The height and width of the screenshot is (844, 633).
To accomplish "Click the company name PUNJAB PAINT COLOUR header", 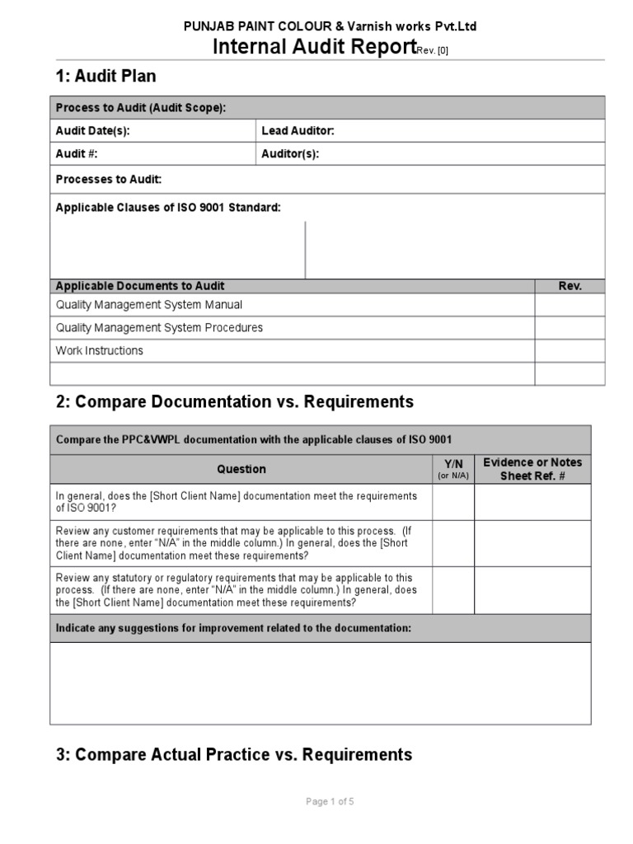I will click(329, 26).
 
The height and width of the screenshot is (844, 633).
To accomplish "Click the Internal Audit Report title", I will click(313, 47).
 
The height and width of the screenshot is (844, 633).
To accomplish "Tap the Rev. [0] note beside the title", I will click(433, 51).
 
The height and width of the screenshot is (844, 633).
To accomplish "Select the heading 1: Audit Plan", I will click(105, 77).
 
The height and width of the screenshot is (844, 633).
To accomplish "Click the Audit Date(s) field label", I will click(92, 131).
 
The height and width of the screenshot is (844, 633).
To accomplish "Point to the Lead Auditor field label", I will click(298, 131).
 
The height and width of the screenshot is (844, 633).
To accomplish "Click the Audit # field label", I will click(77, 153).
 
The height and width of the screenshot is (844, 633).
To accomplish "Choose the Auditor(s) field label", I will click(290, 153).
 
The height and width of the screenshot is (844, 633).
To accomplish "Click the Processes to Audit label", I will click(108, 179).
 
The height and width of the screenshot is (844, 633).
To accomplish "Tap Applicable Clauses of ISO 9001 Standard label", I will click(168, 208).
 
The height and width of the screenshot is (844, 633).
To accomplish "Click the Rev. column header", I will click(570, 286).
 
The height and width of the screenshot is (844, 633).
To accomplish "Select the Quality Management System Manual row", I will click(148, 305).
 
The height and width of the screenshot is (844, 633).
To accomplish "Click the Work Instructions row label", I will click(99, 350).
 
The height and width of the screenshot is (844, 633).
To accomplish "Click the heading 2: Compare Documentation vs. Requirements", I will click(234, 402).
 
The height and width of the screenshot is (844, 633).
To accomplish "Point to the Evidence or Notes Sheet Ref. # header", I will click(532, 469).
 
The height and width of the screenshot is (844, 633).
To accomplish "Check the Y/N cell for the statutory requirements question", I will click(453, 590).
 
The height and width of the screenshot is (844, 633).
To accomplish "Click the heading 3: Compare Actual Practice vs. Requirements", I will click(233, 754).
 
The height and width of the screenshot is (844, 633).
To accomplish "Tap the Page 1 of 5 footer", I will click(330, 801).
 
